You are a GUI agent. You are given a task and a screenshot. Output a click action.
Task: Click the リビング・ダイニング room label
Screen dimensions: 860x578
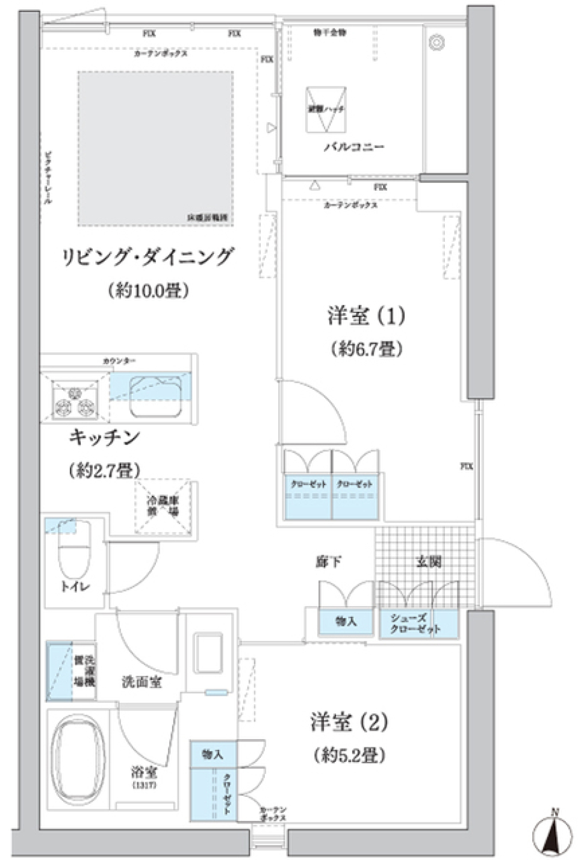[x=148, y=258]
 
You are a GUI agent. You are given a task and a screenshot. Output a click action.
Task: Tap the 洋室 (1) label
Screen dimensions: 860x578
[x=366, y=316]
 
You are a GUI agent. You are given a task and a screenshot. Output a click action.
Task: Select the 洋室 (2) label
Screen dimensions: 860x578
[x=349, y=722]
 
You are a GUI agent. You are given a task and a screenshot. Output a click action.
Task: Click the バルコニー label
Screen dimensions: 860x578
[x=354, y=147]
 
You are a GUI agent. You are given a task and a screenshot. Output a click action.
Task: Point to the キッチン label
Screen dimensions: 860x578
[x=104, y=438]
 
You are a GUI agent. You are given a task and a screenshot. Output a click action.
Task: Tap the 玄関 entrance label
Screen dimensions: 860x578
[x=429, y=561]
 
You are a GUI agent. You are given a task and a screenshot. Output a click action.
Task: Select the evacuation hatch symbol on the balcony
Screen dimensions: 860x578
[x=326, y=110]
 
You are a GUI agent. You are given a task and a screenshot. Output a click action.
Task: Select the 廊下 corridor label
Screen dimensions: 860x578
[x=329, y=561]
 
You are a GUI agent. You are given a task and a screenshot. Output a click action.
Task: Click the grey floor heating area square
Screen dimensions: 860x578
[x=155, y=147]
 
